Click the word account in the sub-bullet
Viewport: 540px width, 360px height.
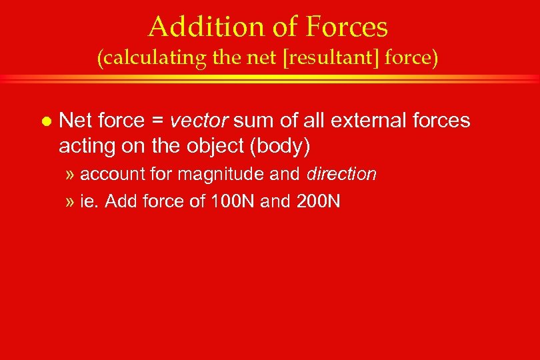[107, 175]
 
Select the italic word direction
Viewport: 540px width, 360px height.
[341, 175]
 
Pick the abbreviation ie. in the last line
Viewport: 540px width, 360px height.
[89, 201]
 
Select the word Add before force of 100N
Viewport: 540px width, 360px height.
[121, 201]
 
